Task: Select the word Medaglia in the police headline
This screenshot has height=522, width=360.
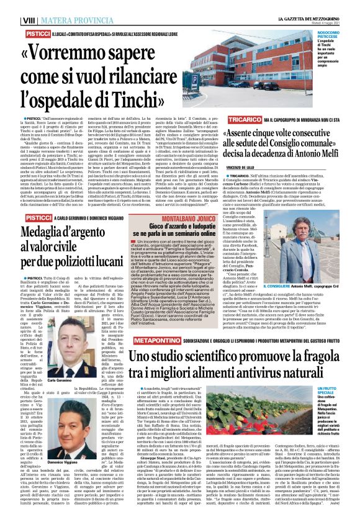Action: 51,225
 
